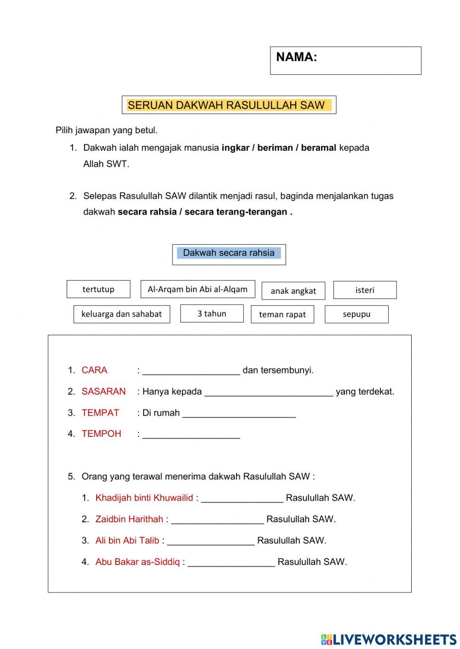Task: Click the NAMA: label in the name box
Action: tap(297, 57)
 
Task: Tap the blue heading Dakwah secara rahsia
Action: tap(229, 253)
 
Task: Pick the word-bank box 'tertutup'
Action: tap(98, 289)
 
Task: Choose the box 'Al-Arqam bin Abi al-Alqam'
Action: tap(198, 289)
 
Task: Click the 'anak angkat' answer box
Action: tap(293, 291)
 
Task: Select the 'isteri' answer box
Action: tap(365, 290)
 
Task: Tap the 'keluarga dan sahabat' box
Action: tap(121, 314)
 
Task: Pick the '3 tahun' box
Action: tap(212, 314)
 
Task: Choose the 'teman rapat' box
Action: tap(282, 315)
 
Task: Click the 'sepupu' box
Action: tap(356, 314)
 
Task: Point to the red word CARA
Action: tap(94, 370)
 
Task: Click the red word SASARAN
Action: tap(103, 392)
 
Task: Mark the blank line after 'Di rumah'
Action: tap(239, 414)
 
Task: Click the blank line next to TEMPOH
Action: tap(191, 435)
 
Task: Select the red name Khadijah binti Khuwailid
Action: tap(144, 498)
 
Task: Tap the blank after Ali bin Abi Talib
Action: tap(211, 542)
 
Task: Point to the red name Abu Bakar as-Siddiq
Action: tap(138, 562)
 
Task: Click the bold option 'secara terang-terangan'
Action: tap(236, 212)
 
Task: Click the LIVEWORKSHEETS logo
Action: tap(389, 639)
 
